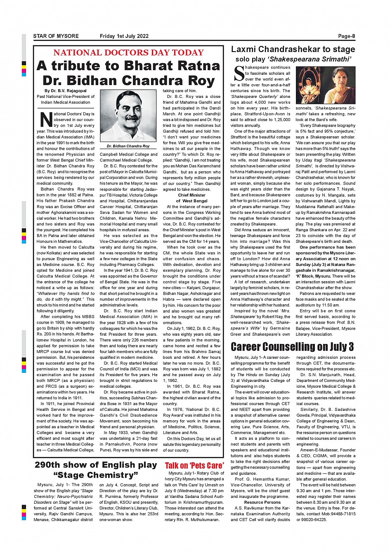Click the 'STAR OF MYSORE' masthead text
[x=56, y=36]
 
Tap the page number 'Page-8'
[x=347, y=36]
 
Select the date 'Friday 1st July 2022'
[x=124, y=36]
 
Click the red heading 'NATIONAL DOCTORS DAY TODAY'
[x=128, y=53]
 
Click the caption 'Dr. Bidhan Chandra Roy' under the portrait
[x=128, y=146]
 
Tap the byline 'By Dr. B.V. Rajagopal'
[x=66, y=91]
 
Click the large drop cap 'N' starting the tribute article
[x=46, y=119]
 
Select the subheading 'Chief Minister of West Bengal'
[x=192, y=198]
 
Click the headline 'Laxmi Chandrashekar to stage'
[x=293, y=50]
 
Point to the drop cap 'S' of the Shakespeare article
[x=239, y=73]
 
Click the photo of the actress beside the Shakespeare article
[x=326, y=85]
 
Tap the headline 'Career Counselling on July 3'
[x=292, y=346]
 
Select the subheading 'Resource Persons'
[x=262, y=502]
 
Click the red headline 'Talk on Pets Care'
[x=194, y=466]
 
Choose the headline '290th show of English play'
[x=96, y=465]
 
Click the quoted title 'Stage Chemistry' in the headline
[x=96, y=475]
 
